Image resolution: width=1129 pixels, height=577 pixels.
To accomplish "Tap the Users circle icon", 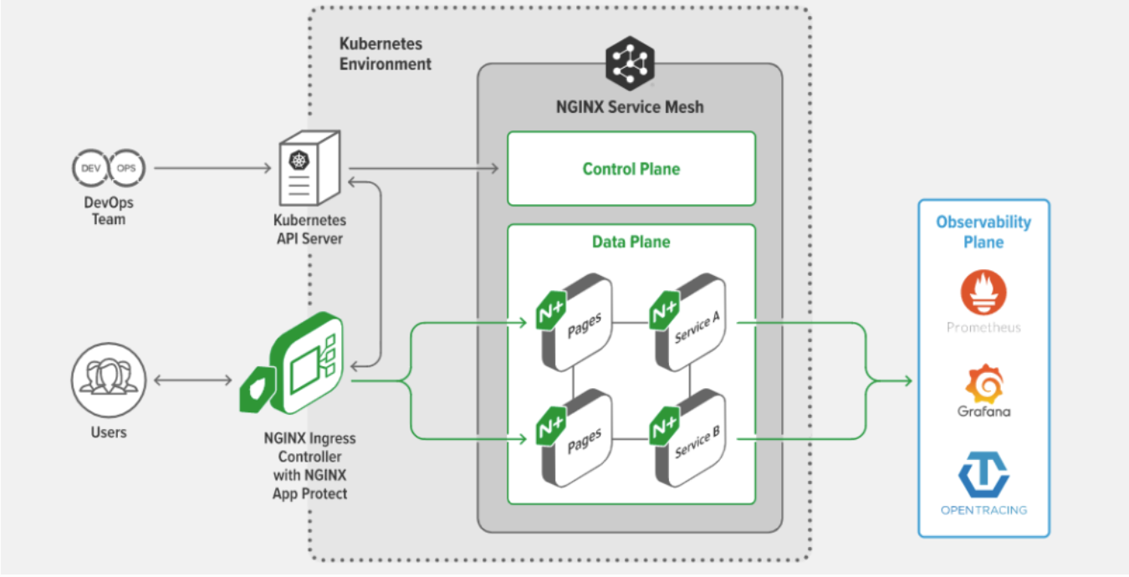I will click(x=108, y=379).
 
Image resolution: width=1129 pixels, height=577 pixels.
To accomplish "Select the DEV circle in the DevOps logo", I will click(x=89, y=167).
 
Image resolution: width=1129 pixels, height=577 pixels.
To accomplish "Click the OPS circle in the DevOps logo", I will click(x=126, y=167).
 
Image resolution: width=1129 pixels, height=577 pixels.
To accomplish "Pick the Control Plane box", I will click(x=631, y=168).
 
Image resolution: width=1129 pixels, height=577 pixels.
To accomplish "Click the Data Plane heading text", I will click(x=631, y=242).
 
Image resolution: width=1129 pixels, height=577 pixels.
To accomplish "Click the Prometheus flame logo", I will click(x=983, y=292).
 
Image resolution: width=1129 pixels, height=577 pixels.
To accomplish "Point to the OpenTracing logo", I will click(x=983, y=474).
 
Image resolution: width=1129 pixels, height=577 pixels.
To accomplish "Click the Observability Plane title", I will click(x=983, y=232).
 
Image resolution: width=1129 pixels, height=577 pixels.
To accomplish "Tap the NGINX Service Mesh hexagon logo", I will click(x=630, y=63).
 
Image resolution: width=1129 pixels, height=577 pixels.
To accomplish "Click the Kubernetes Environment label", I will click(x=385, y=54).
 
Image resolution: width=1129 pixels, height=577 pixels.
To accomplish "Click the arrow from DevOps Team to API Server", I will click(x=213, y=168).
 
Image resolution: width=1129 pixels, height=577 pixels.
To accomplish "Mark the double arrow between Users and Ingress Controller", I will click(x=192, y=380).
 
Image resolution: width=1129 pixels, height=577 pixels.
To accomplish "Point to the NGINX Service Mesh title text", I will click(x=630, y=107).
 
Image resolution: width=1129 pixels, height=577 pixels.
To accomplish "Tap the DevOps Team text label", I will click(x=108, y=211).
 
